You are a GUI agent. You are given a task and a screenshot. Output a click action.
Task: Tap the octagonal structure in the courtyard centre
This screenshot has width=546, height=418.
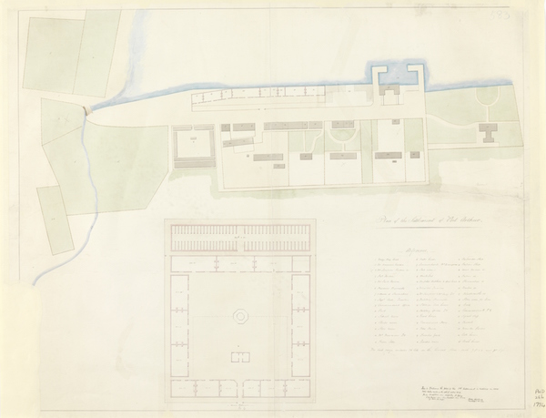[x=241, y=315]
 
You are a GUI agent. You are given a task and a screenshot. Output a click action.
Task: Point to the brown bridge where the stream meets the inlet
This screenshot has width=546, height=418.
[x=87, y=107]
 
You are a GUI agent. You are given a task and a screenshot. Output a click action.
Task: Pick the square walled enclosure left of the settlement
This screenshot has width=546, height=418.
[x=193, y=147]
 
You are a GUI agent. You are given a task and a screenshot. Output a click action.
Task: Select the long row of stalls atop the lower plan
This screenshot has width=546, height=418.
[x=240, y=243]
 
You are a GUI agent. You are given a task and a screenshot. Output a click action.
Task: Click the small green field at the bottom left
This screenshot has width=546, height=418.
[x=56, y=219]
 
